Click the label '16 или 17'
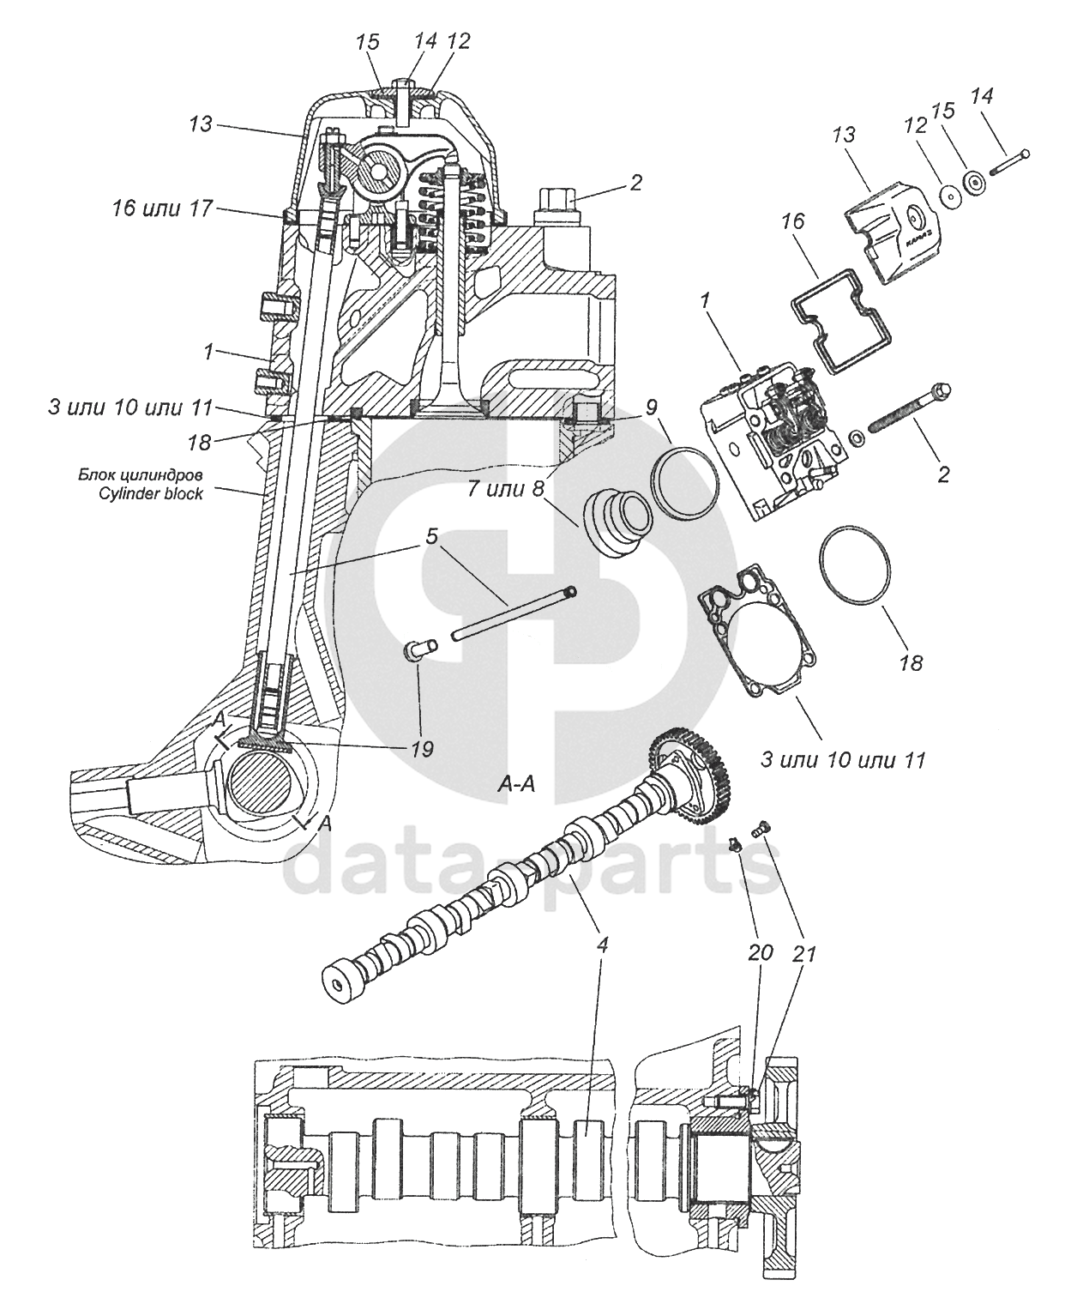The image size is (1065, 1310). pos(162,208)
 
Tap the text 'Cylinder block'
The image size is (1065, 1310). pos(151,494)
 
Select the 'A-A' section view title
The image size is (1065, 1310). pos(516,784)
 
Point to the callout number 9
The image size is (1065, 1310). pos(652,407)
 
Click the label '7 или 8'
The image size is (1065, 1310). pos(507,489)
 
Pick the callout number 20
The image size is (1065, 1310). pos(761,952)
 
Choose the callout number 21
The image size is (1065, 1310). pos(803,954)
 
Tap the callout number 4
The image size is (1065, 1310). pos(602,945)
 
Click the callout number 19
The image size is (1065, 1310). pos(423,748)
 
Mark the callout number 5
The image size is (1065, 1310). pos(432,536)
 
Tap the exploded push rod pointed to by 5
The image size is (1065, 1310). pos(514,613)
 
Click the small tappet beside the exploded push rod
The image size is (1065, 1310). pos(421,649)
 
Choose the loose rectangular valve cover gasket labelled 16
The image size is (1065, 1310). pos(840,320)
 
